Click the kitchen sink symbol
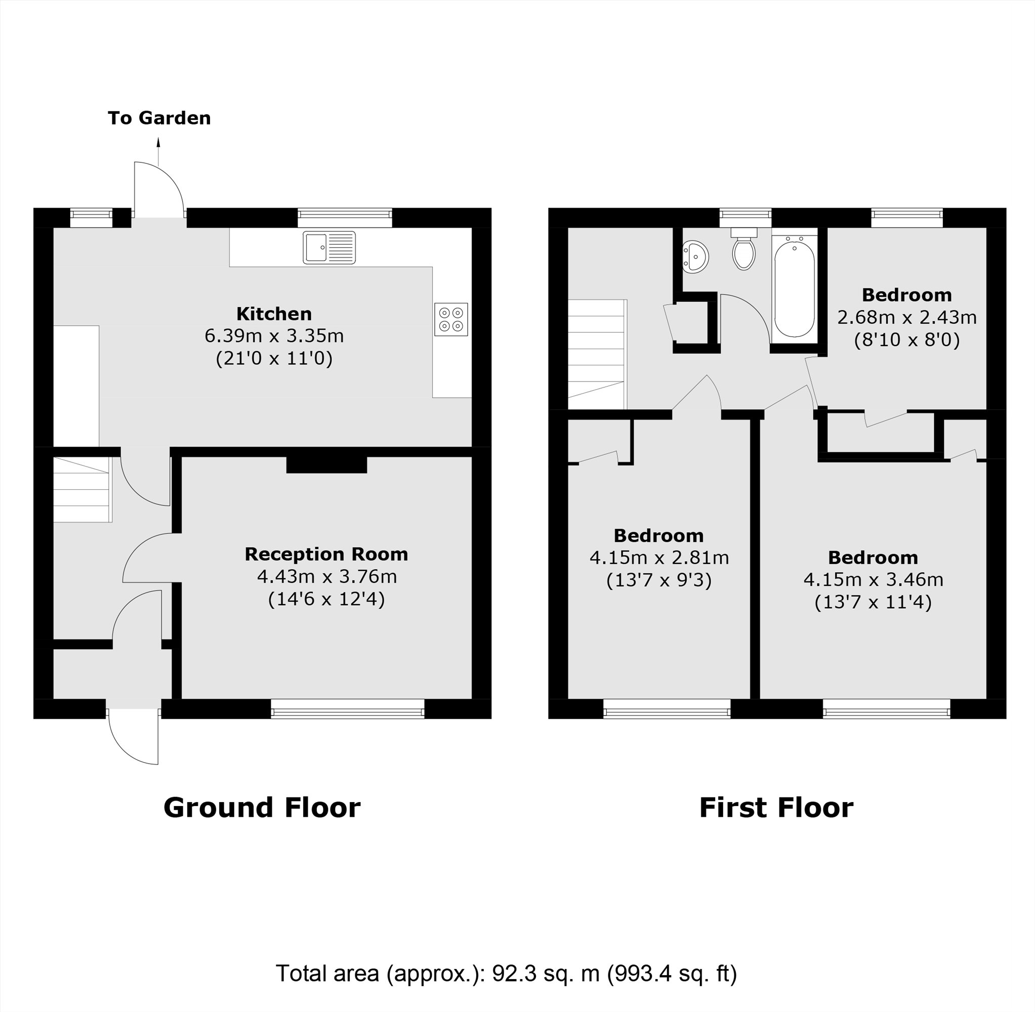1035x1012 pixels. coord(329,247)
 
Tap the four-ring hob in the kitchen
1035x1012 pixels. coord(451,319)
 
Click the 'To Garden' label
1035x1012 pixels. coord(159,118)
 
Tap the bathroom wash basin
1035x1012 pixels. coord(695,257)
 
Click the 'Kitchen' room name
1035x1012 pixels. coord(274,314)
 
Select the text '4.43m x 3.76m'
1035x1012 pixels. coord(326,577)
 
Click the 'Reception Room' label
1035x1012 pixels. coord(326,554)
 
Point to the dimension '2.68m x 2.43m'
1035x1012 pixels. coord(906,317)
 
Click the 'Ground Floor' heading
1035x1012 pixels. coord(262,808)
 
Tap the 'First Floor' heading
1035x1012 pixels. coord(775,808)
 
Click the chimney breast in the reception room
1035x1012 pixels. coord(326,465)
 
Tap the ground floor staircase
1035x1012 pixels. coord(82,489)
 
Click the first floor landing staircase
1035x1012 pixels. coord(596,354)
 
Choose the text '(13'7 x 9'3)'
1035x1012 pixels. coord(658,580)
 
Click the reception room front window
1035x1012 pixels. coord(347,709)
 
